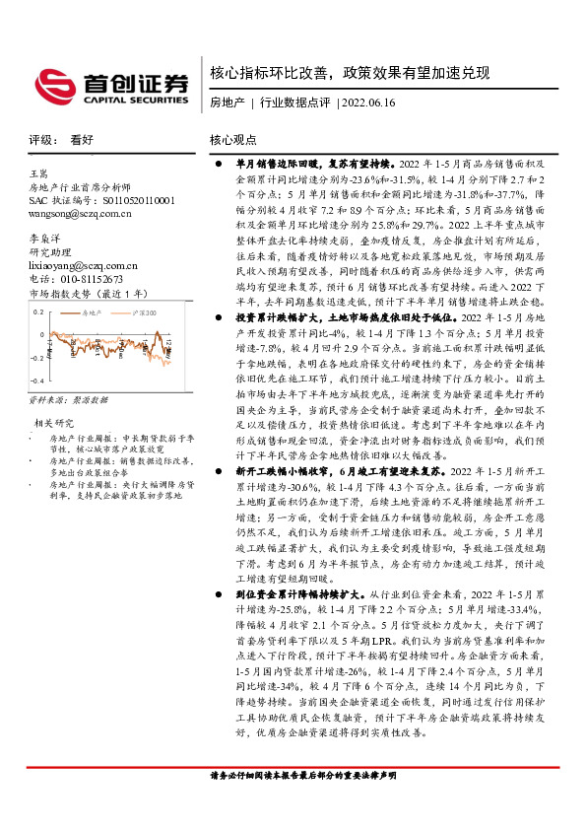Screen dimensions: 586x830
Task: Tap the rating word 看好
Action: (83, 141)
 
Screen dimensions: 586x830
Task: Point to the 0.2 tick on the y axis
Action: (39, 311)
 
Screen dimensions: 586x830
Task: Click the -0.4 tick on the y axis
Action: (38, 380)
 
